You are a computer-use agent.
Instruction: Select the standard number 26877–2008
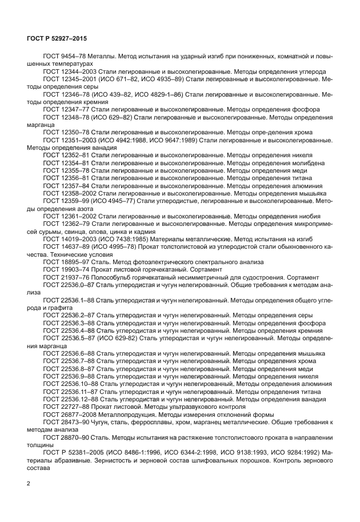(x=77, y=414)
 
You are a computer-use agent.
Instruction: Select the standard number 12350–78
(x=73, y=132)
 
